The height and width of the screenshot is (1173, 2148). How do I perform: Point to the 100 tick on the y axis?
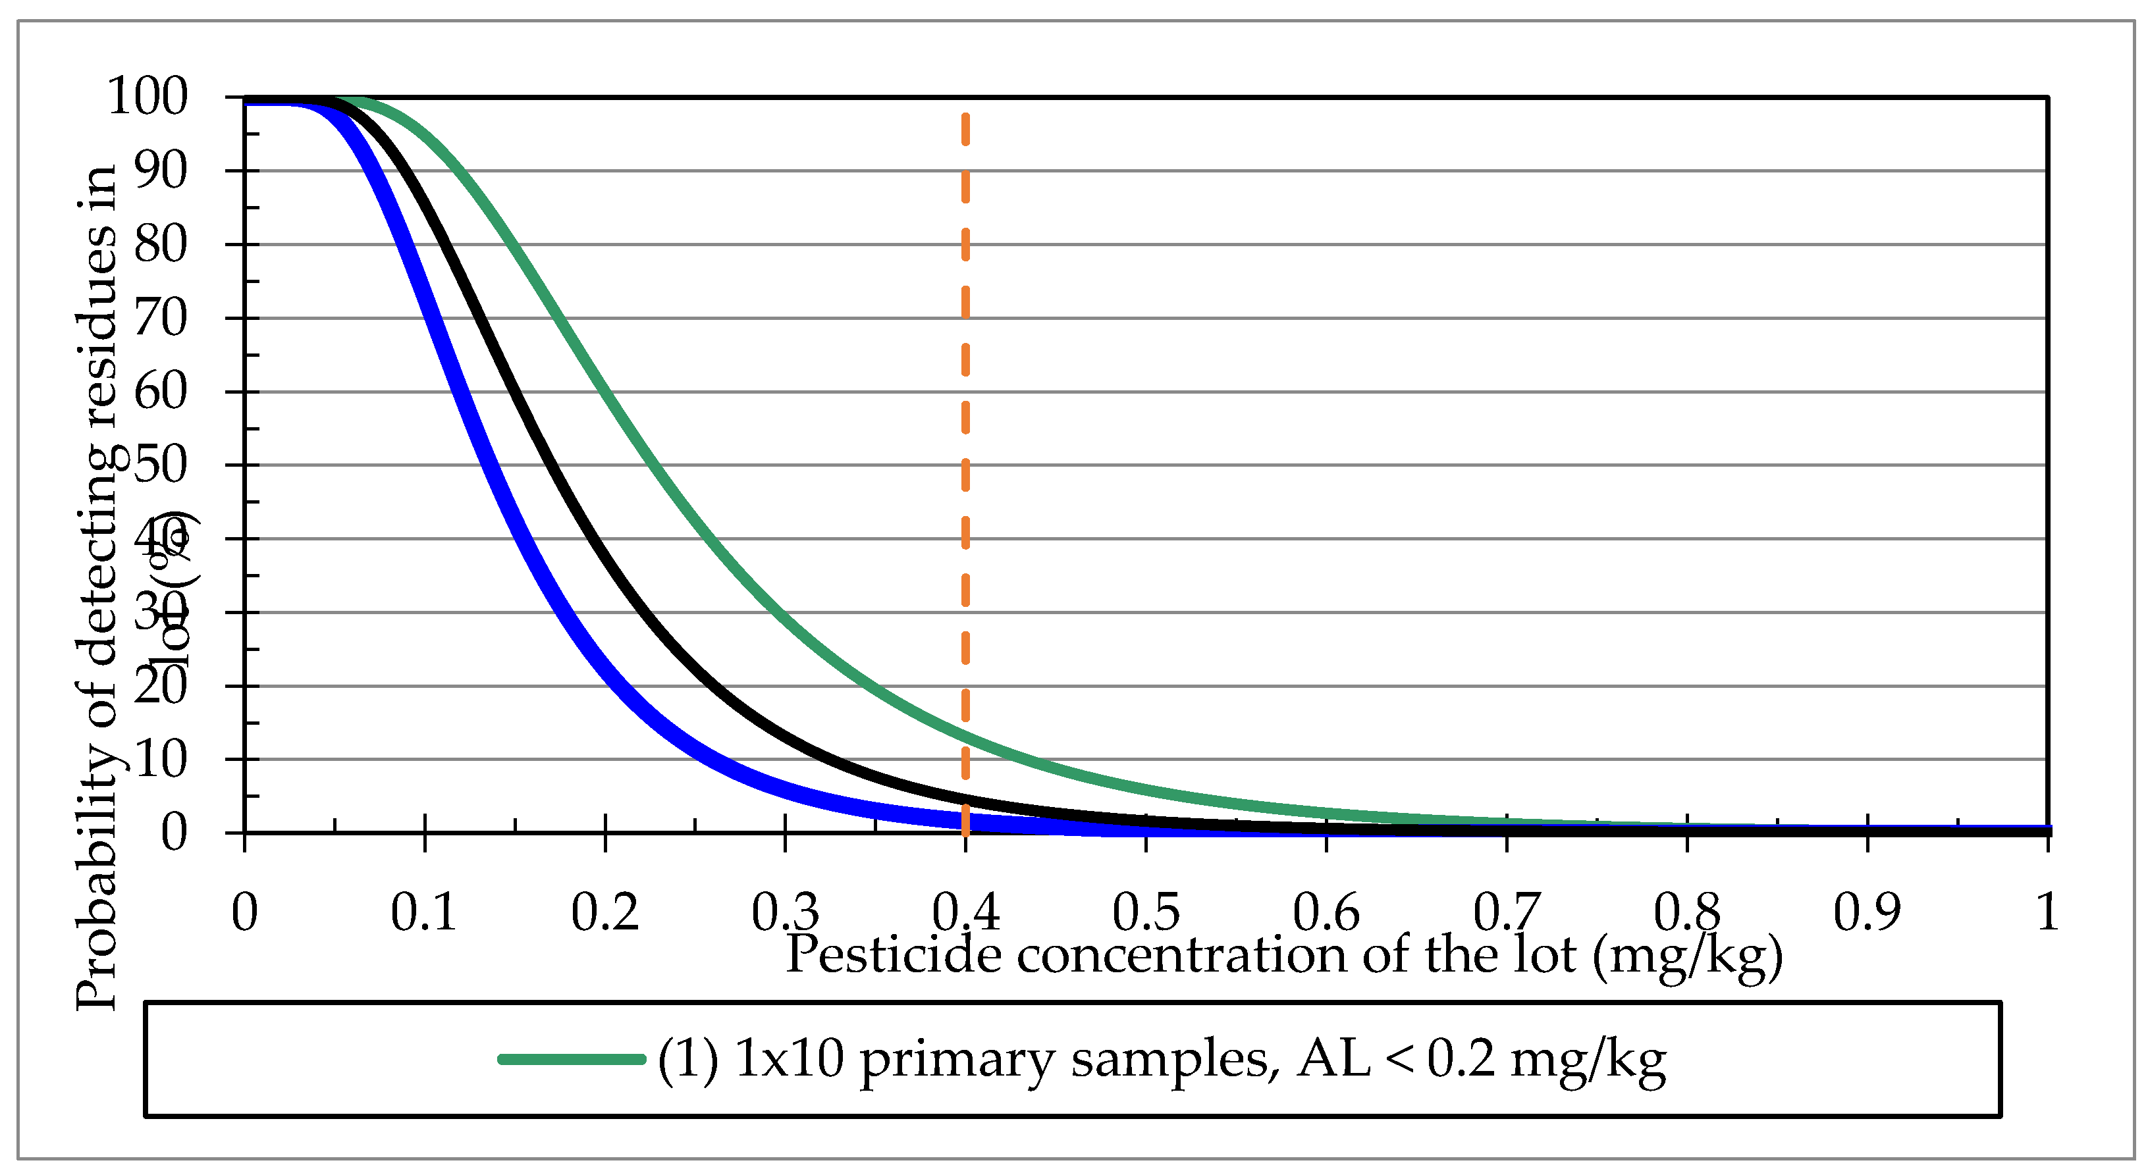coord(148,97)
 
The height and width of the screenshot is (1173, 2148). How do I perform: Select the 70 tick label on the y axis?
coord(160,319)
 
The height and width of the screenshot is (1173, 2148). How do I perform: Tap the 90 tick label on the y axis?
coord(160,171)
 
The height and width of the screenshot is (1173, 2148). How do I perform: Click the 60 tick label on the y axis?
coord(160,392)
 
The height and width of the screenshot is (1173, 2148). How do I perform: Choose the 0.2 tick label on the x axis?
coord(604,911)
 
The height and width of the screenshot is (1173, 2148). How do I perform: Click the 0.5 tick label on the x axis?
coord(1146,911)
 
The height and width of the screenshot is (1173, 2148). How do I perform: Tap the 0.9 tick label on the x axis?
coord(1867,911)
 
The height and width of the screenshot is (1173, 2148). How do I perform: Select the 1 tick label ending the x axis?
coord(2047,911)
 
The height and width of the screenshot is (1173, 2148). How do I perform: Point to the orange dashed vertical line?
coord(965,417)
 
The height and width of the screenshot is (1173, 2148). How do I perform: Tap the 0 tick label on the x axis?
coord(244,911)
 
